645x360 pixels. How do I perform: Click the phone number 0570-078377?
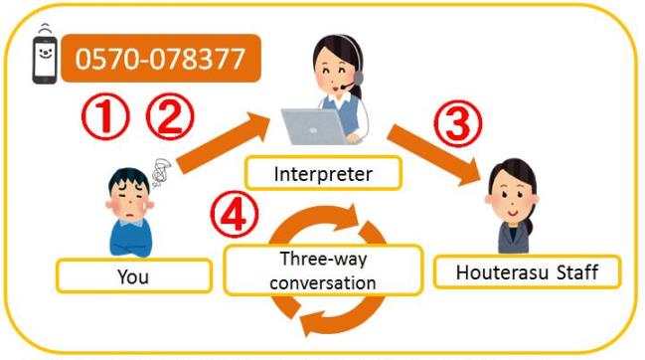coord(160,59)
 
